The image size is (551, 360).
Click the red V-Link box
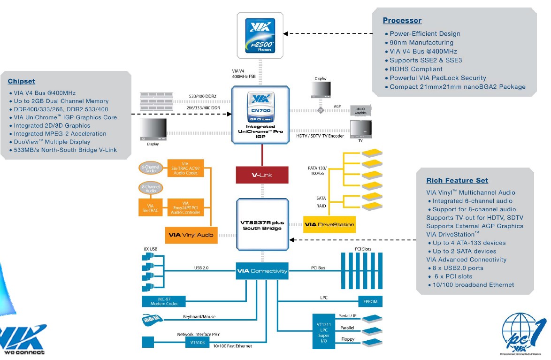(261, 175)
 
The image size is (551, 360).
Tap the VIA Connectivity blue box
(262, 271)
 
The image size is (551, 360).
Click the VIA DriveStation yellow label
(329, 224)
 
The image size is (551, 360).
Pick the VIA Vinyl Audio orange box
(191, 235)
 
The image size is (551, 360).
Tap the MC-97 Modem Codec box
(163, 301)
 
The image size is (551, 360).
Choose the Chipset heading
(22, 81)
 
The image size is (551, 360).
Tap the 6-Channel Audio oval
(151, 169)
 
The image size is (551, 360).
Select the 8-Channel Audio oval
(151, 189)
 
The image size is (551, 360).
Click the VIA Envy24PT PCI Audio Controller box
(185, 207)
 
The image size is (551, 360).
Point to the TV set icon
(361, 129)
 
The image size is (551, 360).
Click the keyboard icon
(153, 320)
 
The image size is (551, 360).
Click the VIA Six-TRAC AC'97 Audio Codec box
(185, 168)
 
